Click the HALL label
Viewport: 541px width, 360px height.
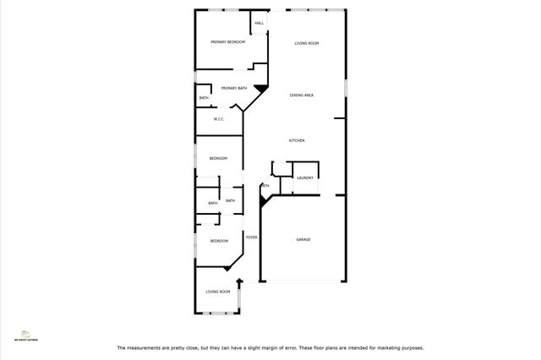click(260, 24)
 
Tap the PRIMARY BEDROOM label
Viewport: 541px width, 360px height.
click(228, 42)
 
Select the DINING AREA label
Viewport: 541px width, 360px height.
click(302, 95)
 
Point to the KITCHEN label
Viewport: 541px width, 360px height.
click(297, 140)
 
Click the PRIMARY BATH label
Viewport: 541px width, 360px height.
click(234, 88)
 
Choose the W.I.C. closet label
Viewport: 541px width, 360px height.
click(219, 119)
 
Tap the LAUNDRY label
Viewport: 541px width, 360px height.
click(305, 177)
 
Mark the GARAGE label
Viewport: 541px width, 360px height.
click(303, 239)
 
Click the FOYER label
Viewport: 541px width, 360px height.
click(251, 237)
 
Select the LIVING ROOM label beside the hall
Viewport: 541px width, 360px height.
click(306, 43)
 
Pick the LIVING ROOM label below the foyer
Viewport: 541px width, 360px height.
click(218, 292)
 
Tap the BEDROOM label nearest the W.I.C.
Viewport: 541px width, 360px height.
click(219, 158)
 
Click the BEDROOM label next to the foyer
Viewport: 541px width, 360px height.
click(219, 242)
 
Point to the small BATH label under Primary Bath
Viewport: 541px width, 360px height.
click(204, 98)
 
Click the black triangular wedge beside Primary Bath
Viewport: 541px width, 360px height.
click(261, 86)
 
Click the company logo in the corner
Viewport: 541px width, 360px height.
click(25, 335)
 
